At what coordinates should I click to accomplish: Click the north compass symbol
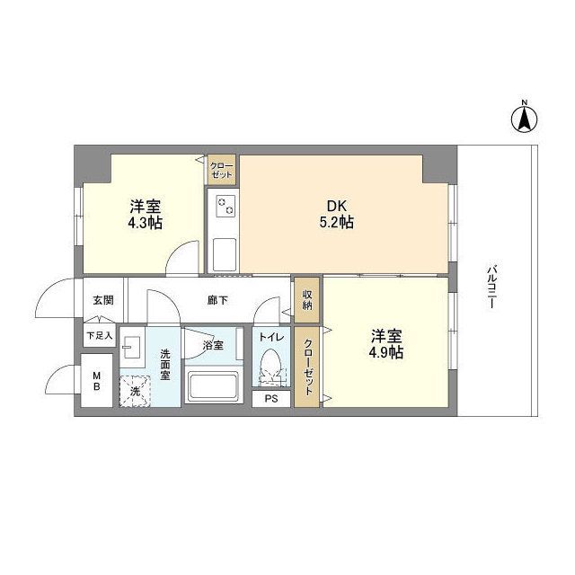click(x=525, y=117)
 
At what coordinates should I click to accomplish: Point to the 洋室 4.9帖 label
click(x=386, y=344)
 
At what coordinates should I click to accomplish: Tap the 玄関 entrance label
click(x=102, y=299)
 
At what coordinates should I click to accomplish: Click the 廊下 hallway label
click(x=217, y=299)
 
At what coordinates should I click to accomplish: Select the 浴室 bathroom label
click(x=213, y=345)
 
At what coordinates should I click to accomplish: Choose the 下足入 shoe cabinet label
click(x=99, y=336)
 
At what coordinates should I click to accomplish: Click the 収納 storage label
click(x=307, y=300)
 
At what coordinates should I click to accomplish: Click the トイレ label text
click(x=271, y=337)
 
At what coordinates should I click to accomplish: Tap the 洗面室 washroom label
click(x=165, y=365)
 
